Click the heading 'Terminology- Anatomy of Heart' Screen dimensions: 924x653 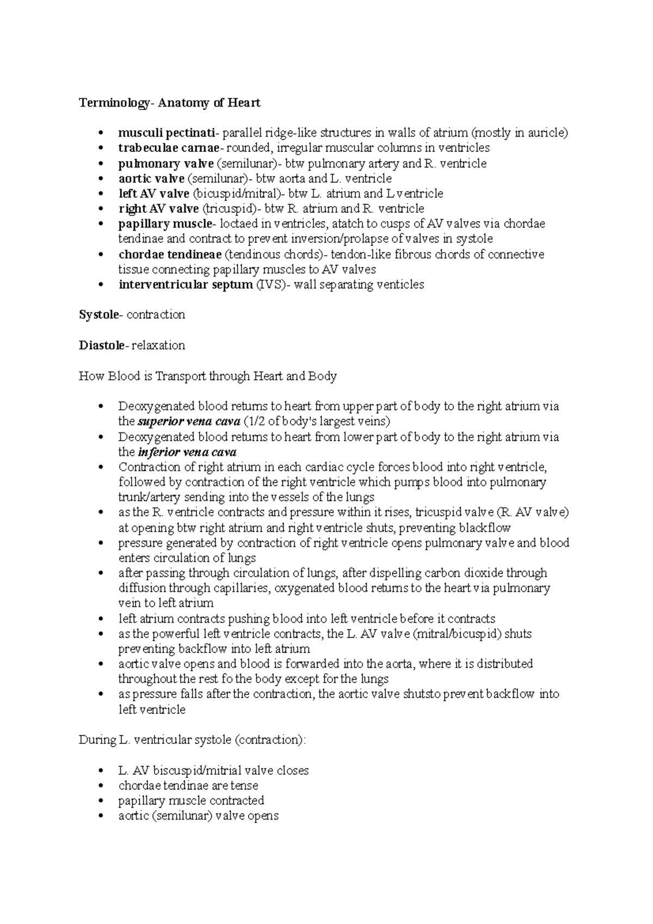[169, 103]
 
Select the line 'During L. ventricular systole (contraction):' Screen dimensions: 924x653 [193, 740]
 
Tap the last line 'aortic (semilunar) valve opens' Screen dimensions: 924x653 [198, 816]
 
